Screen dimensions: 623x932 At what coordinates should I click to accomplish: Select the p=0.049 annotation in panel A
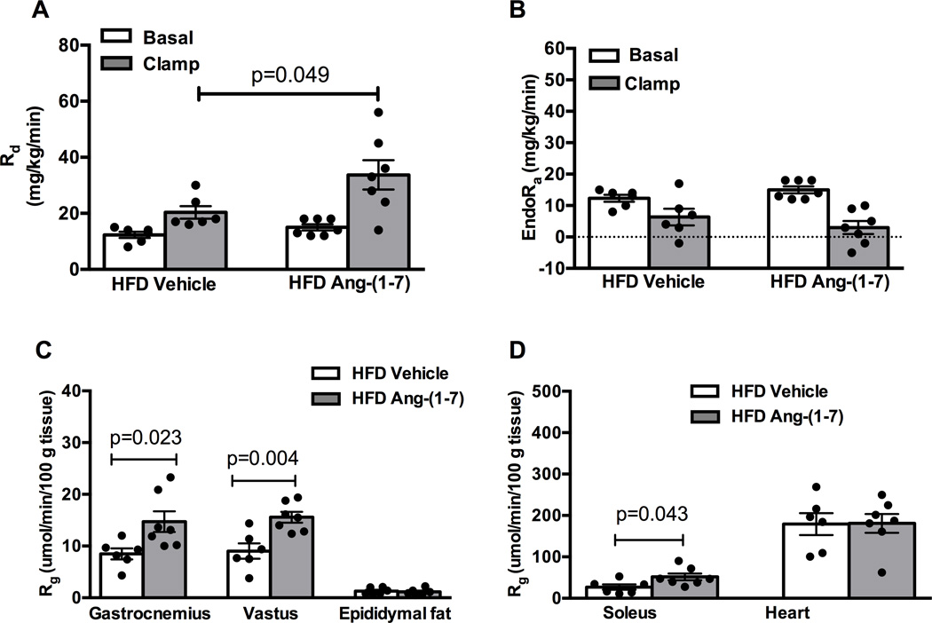288,75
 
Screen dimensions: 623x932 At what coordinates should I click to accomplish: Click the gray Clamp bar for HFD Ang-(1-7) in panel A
377,222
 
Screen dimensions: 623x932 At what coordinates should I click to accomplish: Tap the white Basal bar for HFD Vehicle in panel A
133,251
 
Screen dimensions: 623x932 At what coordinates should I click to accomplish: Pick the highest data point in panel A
377,113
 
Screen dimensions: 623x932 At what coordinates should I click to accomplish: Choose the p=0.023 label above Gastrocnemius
144,438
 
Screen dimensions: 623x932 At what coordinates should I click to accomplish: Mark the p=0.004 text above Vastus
264,461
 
